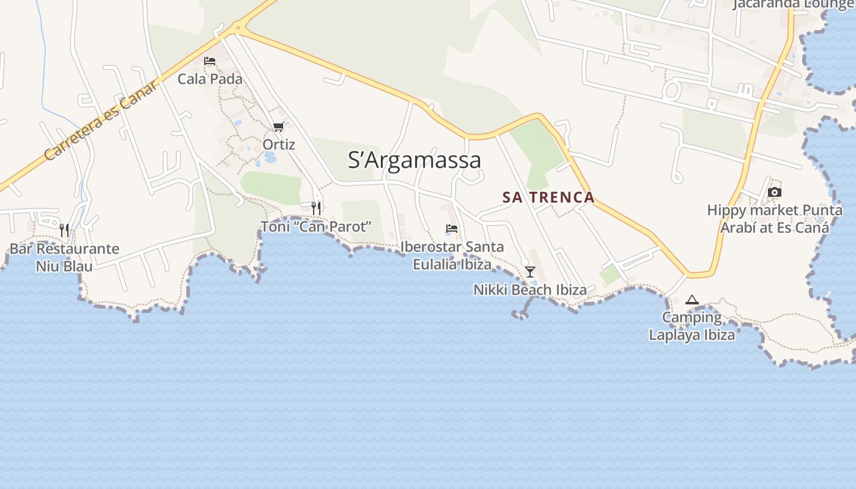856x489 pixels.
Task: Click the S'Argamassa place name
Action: coord(414,160)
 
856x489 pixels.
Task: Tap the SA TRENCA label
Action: coord(548,197)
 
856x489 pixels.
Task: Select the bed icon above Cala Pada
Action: coord(210,61)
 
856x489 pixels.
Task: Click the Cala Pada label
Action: coord(210,79)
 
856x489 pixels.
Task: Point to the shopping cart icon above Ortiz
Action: coord(279,127)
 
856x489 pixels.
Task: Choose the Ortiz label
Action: coord(279,145)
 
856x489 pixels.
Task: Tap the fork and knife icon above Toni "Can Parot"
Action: coord(316,208)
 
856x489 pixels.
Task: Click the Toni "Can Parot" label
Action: coord(316,226)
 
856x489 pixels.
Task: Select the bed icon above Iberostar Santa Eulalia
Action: coord(452,229)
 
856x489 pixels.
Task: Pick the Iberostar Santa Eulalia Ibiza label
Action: coord(452,256)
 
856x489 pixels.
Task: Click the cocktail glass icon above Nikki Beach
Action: coord(530,271)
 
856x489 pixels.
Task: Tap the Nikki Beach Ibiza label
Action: coord(530,290)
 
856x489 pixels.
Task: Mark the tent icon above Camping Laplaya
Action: coord(692,300)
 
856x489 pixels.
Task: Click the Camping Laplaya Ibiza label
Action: coord(692,326)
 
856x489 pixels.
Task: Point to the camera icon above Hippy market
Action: coord(775,192)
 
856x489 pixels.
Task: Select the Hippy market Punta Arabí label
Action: coord(775,219)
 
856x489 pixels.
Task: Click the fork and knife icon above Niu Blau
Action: coord(64,230)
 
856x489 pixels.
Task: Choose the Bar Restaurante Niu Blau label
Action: coord(64,257)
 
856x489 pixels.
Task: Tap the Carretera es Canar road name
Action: coord(101,121)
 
